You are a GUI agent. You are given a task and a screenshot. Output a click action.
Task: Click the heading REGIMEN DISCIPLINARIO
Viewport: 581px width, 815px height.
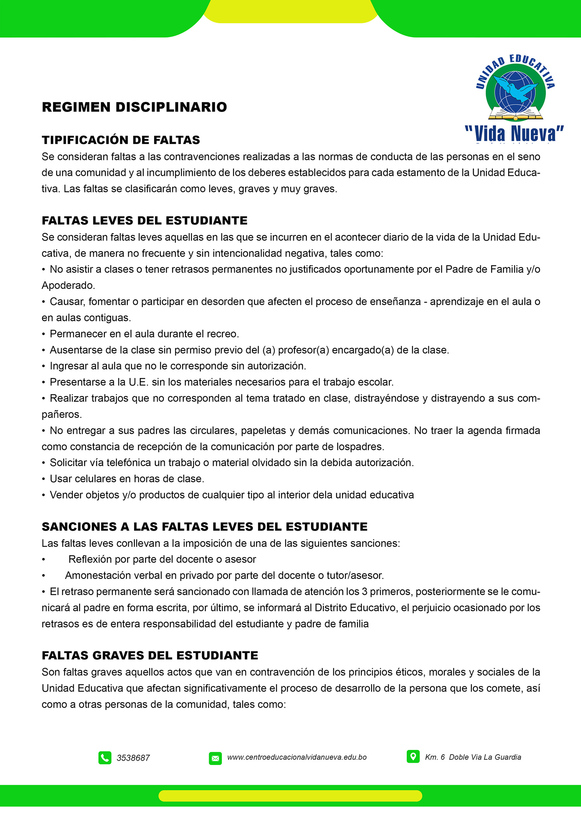coord(134,107)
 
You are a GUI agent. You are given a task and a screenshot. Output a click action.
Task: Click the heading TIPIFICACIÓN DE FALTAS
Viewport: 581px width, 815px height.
coord(121,140)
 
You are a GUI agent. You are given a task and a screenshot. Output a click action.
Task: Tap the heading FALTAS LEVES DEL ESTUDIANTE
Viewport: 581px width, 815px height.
coord(144,220)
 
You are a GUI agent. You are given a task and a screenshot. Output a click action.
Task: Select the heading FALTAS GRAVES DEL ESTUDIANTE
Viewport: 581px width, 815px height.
coord(150,655)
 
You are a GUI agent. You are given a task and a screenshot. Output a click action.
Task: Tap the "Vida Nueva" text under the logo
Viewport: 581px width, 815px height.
coord(514,134)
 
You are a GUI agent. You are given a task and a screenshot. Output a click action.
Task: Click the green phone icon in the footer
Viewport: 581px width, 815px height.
coord(105,758)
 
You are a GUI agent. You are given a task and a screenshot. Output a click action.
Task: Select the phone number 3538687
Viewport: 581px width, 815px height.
coord(133,758)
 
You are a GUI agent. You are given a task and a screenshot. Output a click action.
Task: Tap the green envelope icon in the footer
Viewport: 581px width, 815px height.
coord(215,758)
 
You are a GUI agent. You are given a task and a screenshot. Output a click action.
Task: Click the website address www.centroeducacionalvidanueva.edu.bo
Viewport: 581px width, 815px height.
coord(297,757)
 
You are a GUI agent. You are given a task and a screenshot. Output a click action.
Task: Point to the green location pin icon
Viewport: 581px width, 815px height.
coord(413,757)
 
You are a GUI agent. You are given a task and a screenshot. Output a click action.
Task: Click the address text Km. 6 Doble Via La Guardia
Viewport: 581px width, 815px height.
coord(473,757)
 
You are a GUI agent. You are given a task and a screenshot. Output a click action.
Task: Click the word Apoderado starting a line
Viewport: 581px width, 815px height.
coord(68,285)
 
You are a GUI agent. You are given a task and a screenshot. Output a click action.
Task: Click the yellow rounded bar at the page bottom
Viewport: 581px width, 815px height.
coord(290,796)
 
